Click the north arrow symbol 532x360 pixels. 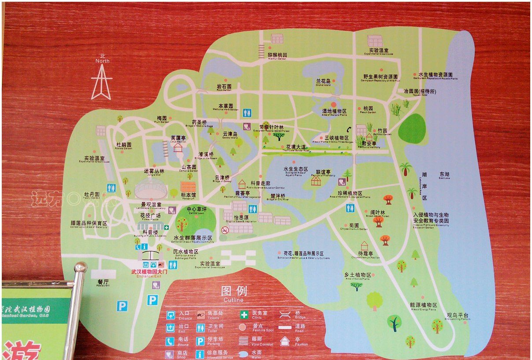pyautogui.click(x=101, y=82)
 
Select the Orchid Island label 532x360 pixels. pyautogui.click(x=323, y=82)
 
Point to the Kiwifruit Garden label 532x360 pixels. pyautogui.click(x=277, y=56)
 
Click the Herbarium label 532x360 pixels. pyautogui.click(x=188, y=196)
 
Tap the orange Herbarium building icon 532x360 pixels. pyautogui.click(x=188, y=186)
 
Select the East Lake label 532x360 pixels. pyautogui.click(x=444, y=175)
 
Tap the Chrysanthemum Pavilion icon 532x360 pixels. pyautogui.click(x=364, y=246)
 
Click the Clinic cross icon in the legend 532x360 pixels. pyautogui.click(x=244, y=315)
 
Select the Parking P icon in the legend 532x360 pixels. pyautogui.click(x=200, y=341)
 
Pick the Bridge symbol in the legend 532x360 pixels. pyautogui.click(x=285, y=314)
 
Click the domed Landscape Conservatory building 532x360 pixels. pyautogui.click(x=150, y=189)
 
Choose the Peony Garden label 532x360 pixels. pyautogui.click(x=91, y=195)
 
